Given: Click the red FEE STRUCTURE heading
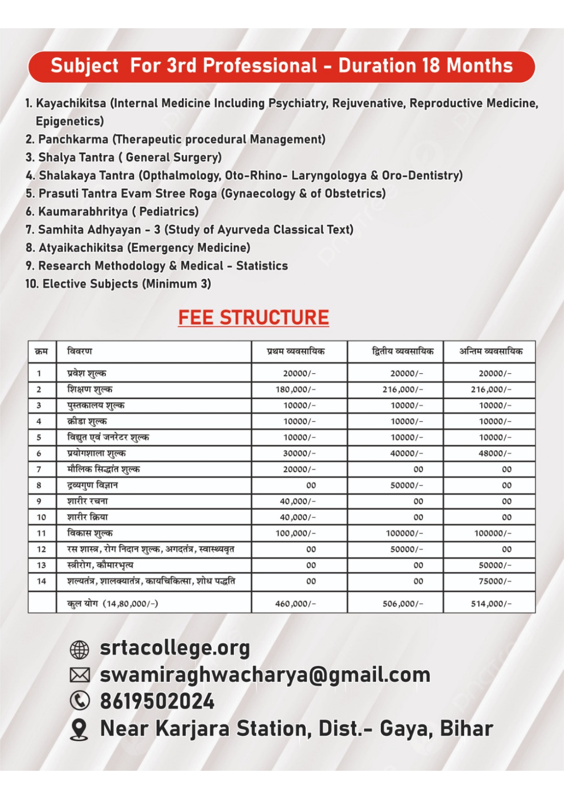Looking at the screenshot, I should tap(253, 317).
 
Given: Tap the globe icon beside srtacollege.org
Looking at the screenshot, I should tap(79, 650).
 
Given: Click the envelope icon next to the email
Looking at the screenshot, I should tap(80, 675).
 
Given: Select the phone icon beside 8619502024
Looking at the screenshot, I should tap(80, 701).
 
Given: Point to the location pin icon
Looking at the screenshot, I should tap(80, 729).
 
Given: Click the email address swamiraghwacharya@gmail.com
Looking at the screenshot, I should tap(265, 675).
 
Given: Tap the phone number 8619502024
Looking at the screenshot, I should tap(157, 701).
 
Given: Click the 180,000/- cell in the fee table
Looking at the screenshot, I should tap(296, 389).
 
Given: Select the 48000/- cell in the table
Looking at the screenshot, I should tap(495, 453).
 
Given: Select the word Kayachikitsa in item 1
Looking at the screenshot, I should tap(71, 103).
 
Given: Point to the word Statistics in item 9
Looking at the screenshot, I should tap(262, 266).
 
